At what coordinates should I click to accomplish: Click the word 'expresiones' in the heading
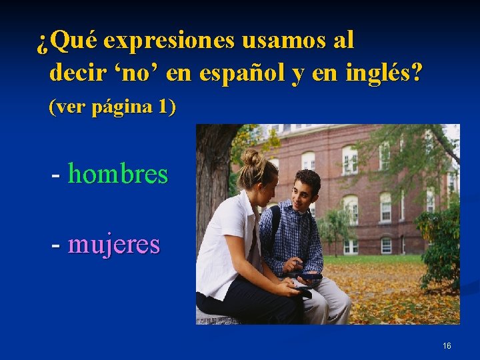click(169, 42)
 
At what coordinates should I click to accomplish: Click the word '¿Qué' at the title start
click(67, 42)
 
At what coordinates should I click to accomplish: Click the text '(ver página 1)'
click(112, 107)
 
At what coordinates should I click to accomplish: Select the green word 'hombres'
click(118, 175)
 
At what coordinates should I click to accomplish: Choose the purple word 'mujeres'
click(114, 244)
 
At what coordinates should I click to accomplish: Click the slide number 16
click(447, 346)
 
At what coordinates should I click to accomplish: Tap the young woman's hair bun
click(251, 157)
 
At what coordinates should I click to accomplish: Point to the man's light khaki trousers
click(330, 303)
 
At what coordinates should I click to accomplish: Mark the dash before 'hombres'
click(57, 175)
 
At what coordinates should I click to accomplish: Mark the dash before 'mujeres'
click(57, 245)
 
